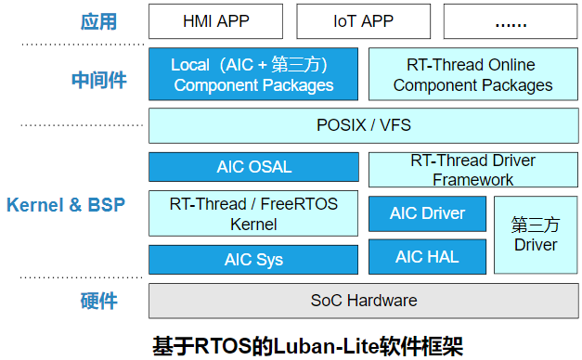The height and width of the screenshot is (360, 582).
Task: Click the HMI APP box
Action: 214,20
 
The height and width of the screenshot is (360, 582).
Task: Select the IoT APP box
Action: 362,20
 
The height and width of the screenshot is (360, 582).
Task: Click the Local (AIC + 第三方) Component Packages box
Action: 253,74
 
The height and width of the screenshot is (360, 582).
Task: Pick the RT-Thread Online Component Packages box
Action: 472,74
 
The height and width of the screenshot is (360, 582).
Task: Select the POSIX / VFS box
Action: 363,124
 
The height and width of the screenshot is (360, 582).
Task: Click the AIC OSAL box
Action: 253,167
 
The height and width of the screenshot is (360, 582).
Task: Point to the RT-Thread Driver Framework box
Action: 472,170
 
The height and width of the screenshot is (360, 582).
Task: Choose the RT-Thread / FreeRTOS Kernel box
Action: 253,213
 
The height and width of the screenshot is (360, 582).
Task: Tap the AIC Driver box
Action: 427,213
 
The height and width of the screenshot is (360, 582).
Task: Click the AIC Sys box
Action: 253,260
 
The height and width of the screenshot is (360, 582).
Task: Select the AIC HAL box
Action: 427,257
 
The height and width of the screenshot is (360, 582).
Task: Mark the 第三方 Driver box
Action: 536,235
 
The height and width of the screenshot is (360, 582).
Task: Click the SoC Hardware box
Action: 363,301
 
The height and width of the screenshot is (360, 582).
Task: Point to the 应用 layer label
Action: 99,20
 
